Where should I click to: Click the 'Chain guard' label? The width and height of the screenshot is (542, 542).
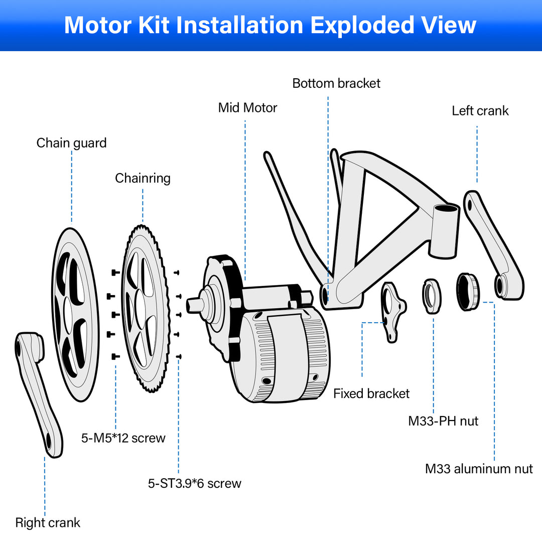[x=71, y=143]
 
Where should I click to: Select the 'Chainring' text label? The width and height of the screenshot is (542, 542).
[x=143, y=178]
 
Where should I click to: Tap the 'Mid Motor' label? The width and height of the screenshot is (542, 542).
[x=247, y=108]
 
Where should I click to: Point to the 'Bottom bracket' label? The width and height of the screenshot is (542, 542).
[x=336, y=83]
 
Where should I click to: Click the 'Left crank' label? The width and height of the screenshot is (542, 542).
[x=480, y=111]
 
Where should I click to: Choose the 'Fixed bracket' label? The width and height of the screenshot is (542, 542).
[x=371, y=394]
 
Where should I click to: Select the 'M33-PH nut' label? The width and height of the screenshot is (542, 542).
[x=443, y=421]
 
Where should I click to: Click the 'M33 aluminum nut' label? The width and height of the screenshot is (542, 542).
[x=479, y=469]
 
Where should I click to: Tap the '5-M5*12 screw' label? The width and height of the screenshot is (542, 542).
[x=123, y=438]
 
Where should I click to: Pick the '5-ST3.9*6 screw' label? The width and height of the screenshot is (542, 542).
[x=194, y=484]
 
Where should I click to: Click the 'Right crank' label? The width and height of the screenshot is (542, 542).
[x=48, y=523]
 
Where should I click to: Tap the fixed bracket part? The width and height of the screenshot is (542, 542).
[x=392, y=311]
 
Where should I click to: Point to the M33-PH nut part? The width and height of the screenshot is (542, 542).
[x=432, y=296]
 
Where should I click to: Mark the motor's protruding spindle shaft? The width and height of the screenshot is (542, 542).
[x=196, y=304]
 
